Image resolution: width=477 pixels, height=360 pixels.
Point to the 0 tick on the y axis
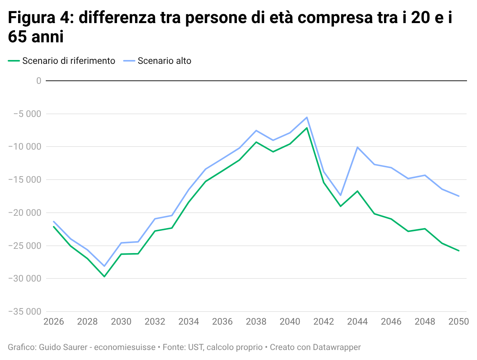point(38,81)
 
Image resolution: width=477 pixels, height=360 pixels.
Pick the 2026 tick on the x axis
point(53,322)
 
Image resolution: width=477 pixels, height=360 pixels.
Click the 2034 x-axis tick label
point(188,322)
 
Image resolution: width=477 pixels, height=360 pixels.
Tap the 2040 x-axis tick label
point(290,322)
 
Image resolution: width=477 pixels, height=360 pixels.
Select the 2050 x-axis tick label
point(458,322)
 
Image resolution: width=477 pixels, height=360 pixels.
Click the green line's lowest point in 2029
point(104,276)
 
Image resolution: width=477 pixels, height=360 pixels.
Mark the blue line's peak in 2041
point(307,117)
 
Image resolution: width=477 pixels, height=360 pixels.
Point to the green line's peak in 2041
point(307,128)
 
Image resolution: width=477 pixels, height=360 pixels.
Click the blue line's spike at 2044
point(357,147)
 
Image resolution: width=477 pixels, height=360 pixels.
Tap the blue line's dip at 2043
point(340,195)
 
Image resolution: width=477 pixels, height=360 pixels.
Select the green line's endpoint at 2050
point(459,250)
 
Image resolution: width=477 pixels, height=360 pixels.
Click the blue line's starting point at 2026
point(54,222)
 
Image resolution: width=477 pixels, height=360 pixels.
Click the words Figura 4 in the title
point(40,18)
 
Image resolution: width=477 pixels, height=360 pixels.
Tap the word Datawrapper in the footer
point(337,347)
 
